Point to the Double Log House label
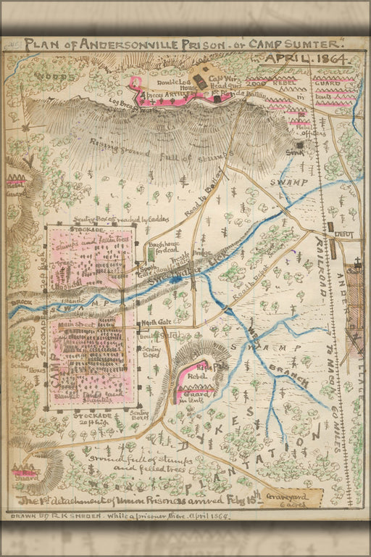coord(162,82)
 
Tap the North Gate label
coord(155,321)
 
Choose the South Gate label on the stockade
coord(145,268)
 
